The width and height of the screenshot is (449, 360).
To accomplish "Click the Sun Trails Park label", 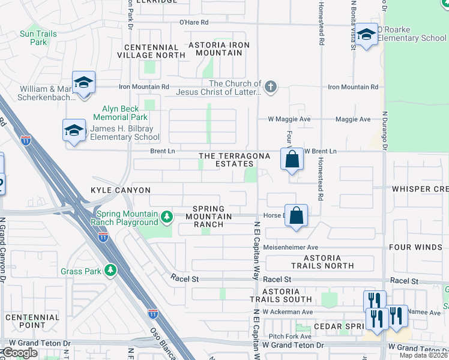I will (38, 38).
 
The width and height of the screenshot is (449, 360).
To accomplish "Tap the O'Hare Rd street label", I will (193, 22).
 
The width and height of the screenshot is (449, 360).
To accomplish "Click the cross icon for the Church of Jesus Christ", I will (271, 88).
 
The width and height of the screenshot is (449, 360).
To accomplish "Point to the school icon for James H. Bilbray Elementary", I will (74, 130).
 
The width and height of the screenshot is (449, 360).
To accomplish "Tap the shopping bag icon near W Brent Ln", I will (292, 160).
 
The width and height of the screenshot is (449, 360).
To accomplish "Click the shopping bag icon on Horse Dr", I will (297, 215).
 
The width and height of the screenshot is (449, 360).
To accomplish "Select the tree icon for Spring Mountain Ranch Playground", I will (169, 216).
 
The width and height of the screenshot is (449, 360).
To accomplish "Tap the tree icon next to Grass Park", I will (110, 271).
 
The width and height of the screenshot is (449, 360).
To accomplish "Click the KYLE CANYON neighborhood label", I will (120, 190).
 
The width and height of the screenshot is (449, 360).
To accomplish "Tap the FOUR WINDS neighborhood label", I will (424, 247).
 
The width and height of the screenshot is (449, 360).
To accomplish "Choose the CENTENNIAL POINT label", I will (32, 322).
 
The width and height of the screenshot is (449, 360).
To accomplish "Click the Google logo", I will (20, 353).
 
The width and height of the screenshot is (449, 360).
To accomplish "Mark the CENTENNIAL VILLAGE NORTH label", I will (151, 51).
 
